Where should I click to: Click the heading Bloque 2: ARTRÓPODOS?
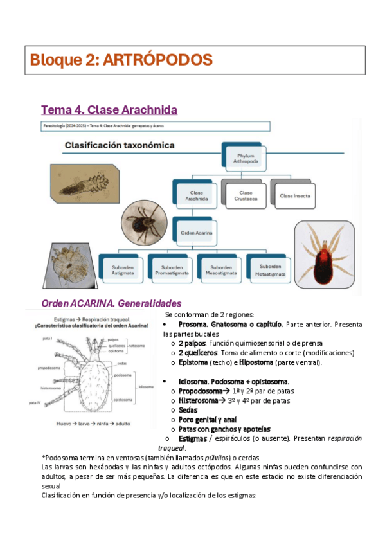pos(121,60)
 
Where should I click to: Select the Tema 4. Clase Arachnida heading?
pos(109,110)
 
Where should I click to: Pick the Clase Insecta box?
pos(296,195)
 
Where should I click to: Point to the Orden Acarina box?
pos(197,232)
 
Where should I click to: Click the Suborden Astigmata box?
pos(122,269)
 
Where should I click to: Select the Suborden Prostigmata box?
pos(172,269)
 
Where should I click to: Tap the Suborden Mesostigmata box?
pos(220,269)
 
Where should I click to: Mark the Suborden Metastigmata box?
pos(270,269)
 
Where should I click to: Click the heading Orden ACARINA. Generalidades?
pos(111,303)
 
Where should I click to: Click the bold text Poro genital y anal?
pos(208,420)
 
